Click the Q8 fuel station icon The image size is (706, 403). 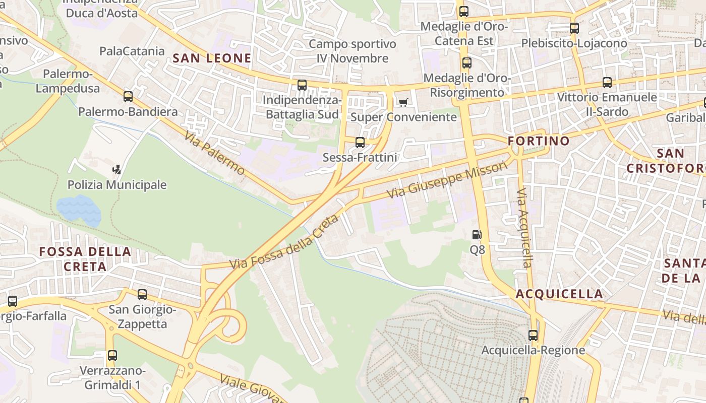click(x=477, y=235)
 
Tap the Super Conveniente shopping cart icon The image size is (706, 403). click(x=402, y=103)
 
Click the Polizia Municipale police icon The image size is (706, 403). click(x=117, y=170)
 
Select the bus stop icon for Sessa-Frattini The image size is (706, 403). click(x=360, y=143)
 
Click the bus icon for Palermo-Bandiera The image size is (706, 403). click(x=128, y=97)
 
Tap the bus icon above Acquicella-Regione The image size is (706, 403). click(x=533, y=335)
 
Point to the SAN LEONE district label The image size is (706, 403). click(x=212, y=58)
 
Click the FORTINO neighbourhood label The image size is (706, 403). click(x=539, y=141)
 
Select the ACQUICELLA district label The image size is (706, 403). click(x=559, y=294)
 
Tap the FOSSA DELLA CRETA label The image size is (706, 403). click(x=85, y=259)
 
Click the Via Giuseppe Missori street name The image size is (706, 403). click(x=446, y=180)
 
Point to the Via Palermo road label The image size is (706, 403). click(x=214, y=153)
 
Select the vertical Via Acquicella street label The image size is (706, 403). click(x=525, y=228)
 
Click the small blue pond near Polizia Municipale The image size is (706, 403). click(x=79, y=210)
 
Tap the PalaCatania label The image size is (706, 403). click(x=132, y=51)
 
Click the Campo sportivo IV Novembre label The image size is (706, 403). click(x=352, y=51)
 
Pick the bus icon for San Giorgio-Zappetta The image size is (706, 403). click(x=142, y=295)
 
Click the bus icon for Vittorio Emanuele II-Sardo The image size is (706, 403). click(x=607, y=83)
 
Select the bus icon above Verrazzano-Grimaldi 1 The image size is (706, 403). click(x=112, y=356)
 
